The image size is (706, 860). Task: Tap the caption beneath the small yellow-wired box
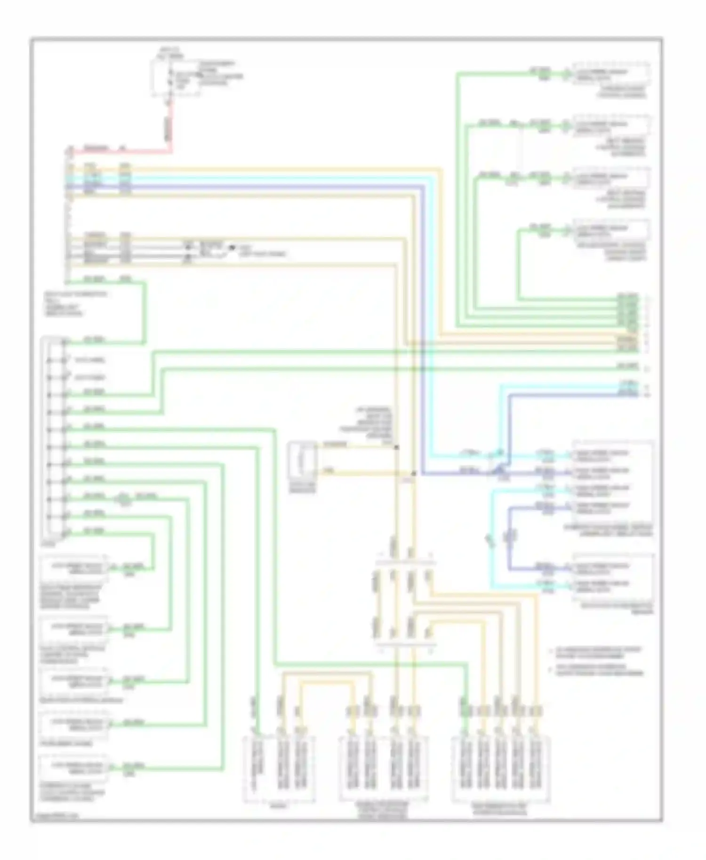(x=302, y=487)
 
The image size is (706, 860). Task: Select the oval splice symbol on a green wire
(x=123, y=498)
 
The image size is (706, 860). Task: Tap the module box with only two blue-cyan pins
(x=613, y=576)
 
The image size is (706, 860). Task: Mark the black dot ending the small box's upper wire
(x=396, y=447)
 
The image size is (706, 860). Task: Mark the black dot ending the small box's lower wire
(x=413, y=473)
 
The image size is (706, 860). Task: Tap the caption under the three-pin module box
(x=279, y=806)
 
